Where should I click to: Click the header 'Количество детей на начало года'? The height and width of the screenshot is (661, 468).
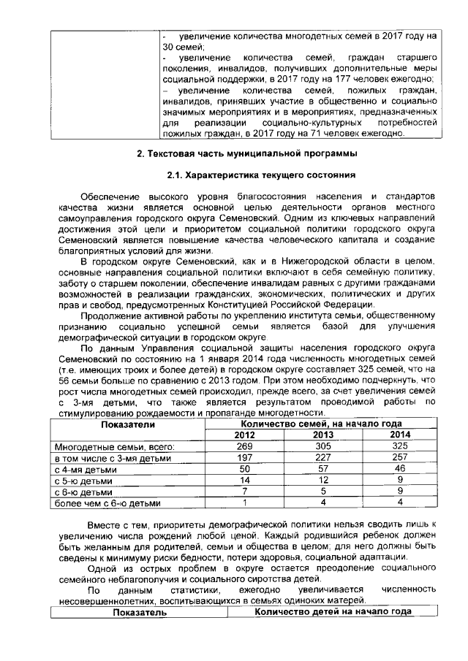tap(333, 612)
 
